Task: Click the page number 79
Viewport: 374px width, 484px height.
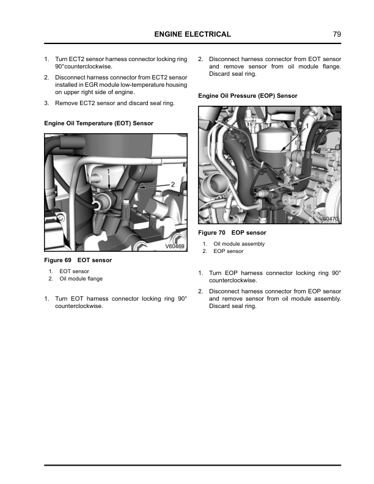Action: click(x=337, y=34)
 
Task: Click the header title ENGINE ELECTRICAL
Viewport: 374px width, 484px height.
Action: click(x=193, y=34)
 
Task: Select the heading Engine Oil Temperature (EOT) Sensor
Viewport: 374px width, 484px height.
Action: click(x=98, y=123)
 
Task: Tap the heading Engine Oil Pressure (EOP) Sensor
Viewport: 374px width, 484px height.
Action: click(x=248, y=97)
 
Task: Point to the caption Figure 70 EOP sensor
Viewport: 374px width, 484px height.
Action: click(x=232, y=233)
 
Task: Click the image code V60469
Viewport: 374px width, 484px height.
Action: click(x=175, y=247)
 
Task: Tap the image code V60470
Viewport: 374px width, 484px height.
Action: click(x=329, y=219)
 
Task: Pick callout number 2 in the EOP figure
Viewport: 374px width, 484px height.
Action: click(x=317, y=174)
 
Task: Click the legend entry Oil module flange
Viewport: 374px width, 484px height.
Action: click(x=81, y=279)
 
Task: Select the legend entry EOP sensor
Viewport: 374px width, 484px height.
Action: click(x=228, y=251)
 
